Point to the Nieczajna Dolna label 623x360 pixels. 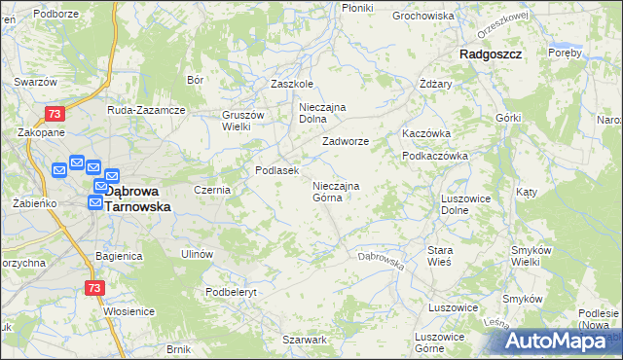323,113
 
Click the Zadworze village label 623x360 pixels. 346,141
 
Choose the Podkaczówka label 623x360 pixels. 435,156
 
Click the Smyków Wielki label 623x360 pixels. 531,257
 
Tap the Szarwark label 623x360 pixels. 304,340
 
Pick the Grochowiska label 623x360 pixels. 423,16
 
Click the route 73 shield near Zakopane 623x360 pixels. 55,114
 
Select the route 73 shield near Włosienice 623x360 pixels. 93,288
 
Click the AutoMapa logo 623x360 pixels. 563,341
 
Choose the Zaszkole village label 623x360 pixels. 291,84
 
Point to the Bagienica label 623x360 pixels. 120,256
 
